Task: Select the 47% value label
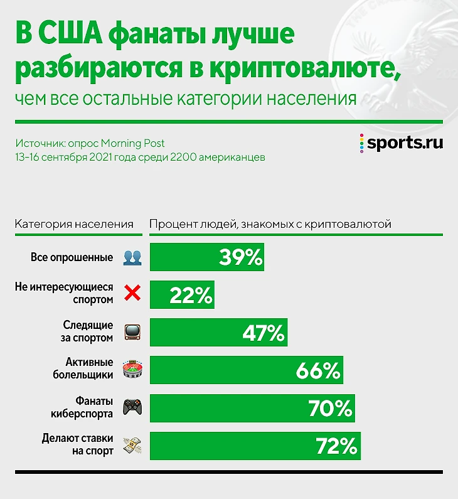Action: pyautogui.click(x=264, y=333)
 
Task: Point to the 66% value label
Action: pyautogui.click(x=318, y=371)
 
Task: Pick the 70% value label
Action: pyautogui.click(x=331, y=409)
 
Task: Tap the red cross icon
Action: pyautogui.click(x=132, y=293)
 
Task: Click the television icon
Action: pyautogui.click(x=132, y=331)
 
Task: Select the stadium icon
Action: pyautogui.click(x=132, y=369)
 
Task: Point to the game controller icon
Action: pyautogui.click(x=132, y=407)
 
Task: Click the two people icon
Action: pyautogui.click(x=132, y=257)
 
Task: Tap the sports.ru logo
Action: pyautogui.click(x=402, y=142)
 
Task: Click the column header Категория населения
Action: pyautogui.click(x=74, y=224)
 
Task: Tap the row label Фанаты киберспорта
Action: pyautogui.click(x=82, y=407)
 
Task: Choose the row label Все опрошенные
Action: pyautogui.click(x=72, y=257)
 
